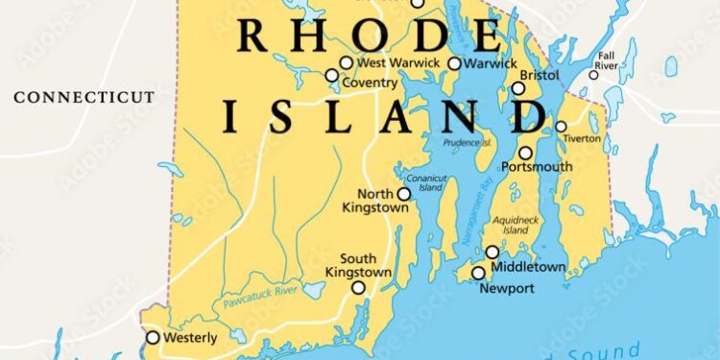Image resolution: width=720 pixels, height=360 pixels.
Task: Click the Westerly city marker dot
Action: [153, 337]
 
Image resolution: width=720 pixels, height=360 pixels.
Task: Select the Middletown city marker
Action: [492, 252]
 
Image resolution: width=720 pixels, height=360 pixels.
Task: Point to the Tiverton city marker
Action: [561, 127]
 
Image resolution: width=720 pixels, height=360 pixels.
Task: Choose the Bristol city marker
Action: [518, 88]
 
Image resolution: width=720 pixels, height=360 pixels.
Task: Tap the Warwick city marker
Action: [454, 63]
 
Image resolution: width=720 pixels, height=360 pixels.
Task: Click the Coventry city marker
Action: [332, 75]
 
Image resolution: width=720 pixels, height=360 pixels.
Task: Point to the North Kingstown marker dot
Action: [404, 194]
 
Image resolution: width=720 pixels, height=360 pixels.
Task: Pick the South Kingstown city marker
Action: [358, 288]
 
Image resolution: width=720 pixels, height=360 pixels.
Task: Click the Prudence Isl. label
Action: [468, 143]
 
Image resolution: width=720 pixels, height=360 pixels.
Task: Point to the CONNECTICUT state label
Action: [84, 97]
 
